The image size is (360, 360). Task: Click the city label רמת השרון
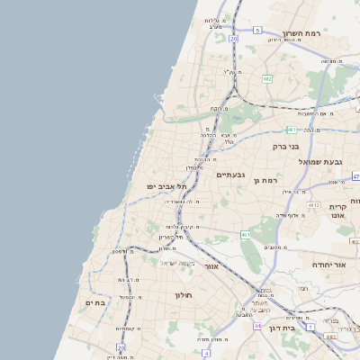pos(302,33)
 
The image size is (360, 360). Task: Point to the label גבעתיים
pos(231,175)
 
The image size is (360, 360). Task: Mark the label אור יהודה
pos(328,265)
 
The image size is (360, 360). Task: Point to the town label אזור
pos(212,266)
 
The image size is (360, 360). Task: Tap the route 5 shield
pos(257,31)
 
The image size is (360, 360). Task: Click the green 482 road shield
pos(267,78)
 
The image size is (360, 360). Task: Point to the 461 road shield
pos(246,235)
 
